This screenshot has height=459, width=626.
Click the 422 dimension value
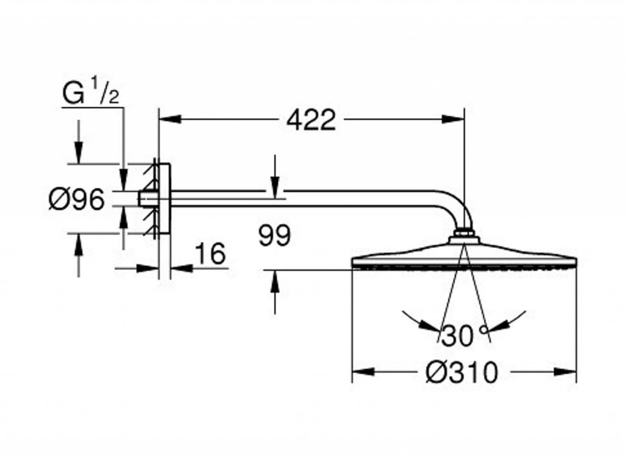pyautogui.click(x=312, y=121)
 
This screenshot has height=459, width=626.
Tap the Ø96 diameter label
pyautogui.click(x=76, y=200)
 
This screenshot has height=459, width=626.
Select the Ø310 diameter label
pyautogui.click(x=462, y=371)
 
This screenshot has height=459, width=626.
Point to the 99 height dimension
pyautogui.click(x=274, y=236)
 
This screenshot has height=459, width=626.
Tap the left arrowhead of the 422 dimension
pyautogui.click(x=167, y=121)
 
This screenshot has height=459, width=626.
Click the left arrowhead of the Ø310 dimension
pyautogui.click(x=361, y=371)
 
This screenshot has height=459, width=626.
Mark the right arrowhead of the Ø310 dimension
pyautogui.click(x=568, y=371)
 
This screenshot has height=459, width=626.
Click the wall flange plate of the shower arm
pyautogui.click(x=165, y=200)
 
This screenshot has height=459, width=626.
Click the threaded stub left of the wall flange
pyautogui.click(x=145, y=200)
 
